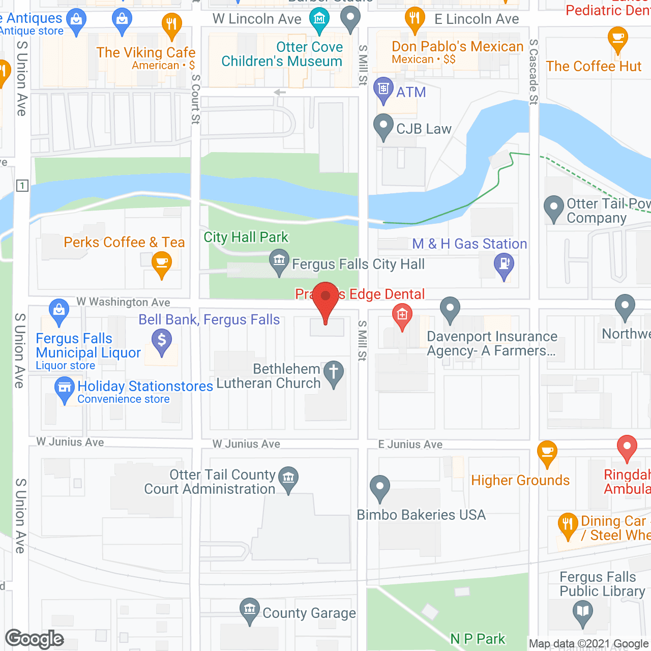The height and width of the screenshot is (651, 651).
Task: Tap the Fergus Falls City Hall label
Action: click(x=358, y=264)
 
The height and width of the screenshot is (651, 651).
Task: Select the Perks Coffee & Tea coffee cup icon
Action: click(x=162, y=264)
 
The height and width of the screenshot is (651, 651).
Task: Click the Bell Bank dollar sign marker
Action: click(x=162, y=340)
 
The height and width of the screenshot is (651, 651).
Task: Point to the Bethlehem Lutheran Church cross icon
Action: click(x=334, y=372)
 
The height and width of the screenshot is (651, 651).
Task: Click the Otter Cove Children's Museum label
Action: click(x=282, y=54)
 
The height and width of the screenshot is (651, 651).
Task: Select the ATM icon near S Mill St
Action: click(x=383, y=89)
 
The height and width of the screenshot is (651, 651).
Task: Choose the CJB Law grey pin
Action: click(x=383, y=126)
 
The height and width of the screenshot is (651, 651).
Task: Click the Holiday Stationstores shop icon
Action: click(x=65, y=388)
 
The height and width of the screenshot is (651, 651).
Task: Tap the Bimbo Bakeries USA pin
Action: click(x=380, y=487)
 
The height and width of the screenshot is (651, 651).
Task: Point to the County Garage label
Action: click(x=309, y=613)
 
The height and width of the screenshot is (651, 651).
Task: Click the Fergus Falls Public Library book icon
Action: click(x=582, y=611)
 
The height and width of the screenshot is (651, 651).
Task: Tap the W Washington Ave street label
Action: click(x=123, y=302)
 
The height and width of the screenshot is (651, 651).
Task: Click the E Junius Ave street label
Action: click(x=410, y=445)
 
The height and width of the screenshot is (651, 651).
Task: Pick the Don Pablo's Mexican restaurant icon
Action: click(x=415, y=19)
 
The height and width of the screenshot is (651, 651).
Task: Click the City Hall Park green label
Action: click(x=246, y=238)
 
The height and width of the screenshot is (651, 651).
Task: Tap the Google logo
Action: click(x=34, y=639)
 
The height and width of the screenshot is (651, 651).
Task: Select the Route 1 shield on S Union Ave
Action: click(x=22, y=186)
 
